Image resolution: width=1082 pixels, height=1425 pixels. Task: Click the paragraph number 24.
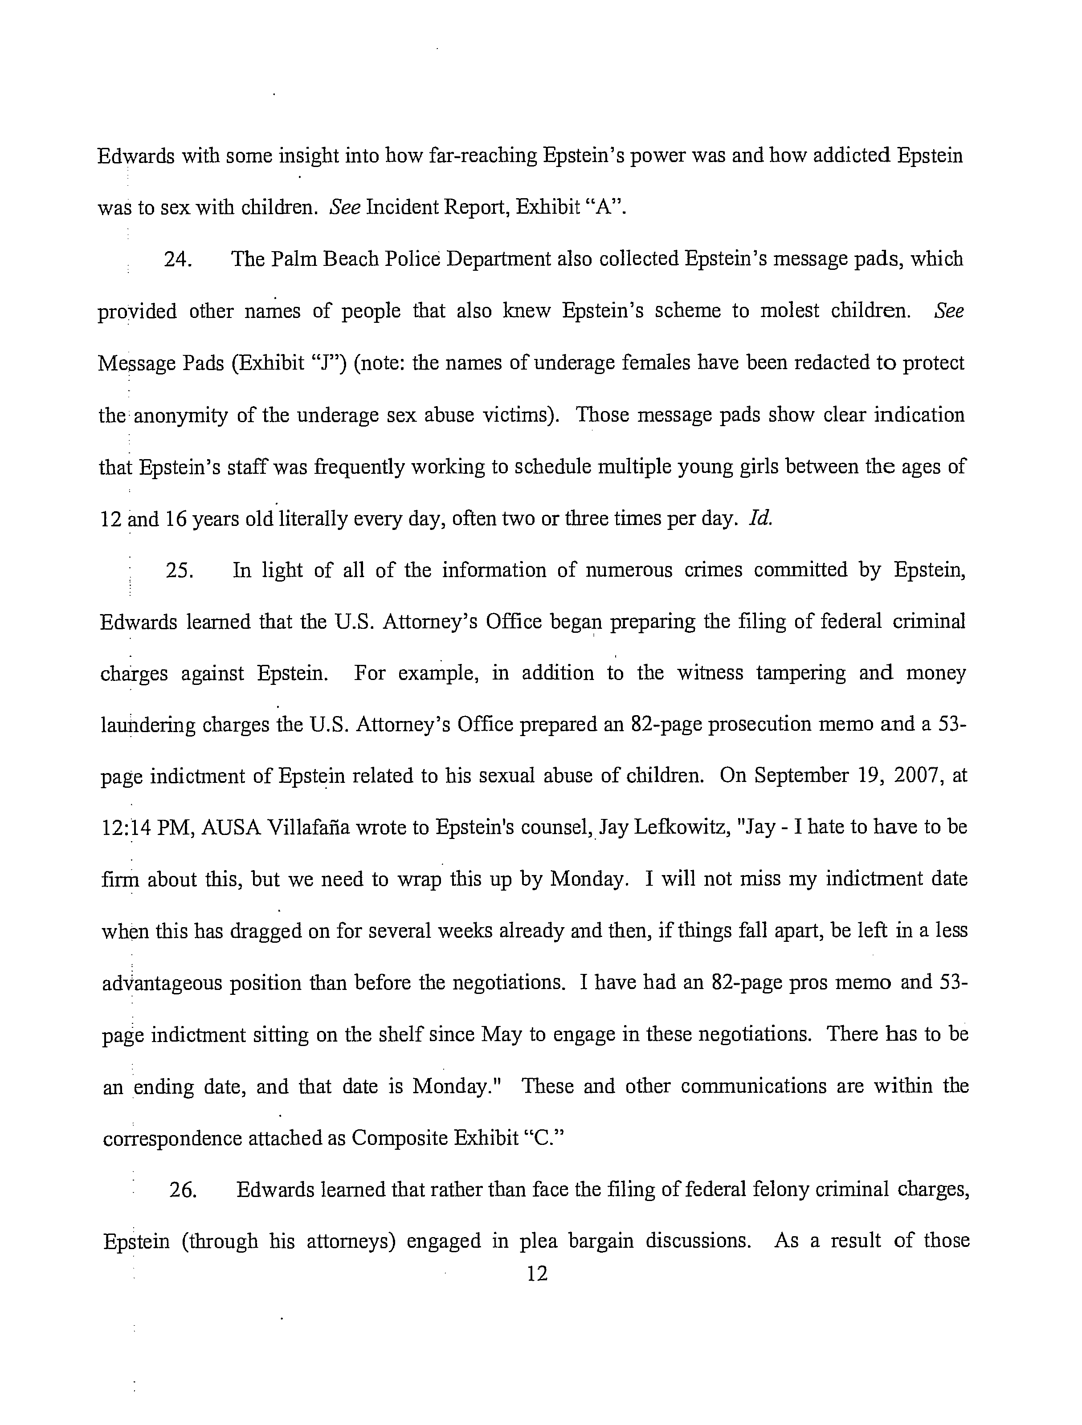(176, 260)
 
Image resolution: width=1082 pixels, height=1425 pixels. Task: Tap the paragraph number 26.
(182, 1190)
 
